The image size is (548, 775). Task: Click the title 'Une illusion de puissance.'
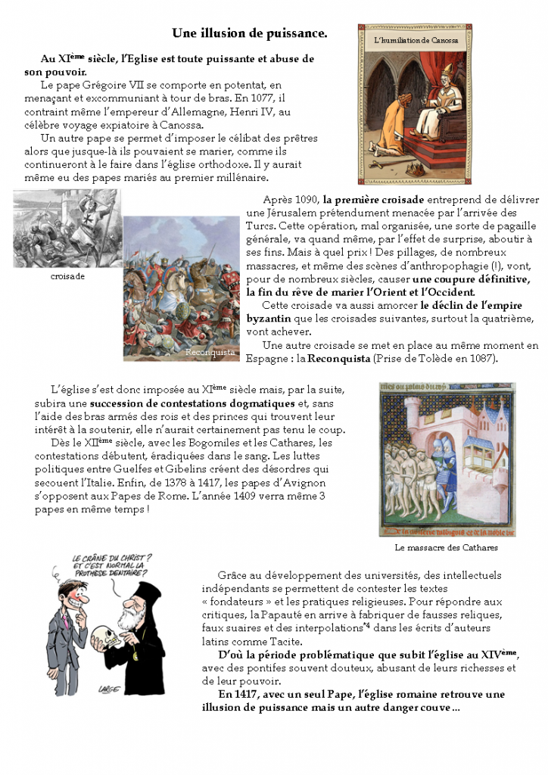[x=249, y=33]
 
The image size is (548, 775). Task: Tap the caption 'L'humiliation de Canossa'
[x=416, y=40]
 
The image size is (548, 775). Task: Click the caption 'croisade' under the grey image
[x=68, y=276]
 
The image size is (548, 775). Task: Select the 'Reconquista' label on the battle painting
[x=210, y=353]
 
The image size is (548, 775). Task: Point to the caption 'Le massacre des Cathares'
[x=446, y=547]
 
